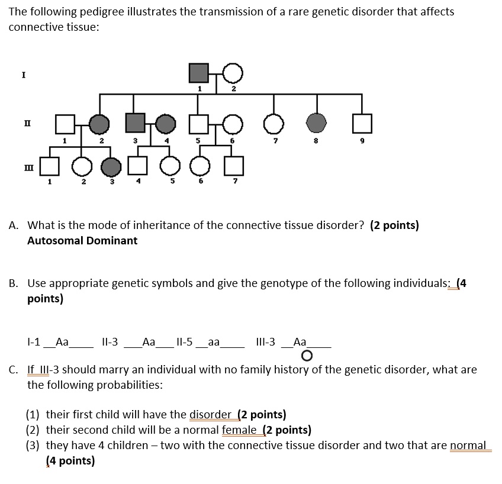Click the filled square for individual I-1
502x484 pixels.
click(x=199, y=73)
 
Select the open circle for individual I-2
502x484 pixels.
click(x=233, y=73)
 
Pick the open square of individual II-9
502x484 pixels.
click(x=362, y=123)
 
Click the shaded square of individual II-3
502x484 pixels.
click(x=136, y=123)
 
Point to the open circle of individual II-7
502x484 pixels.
click(x=273, y=123)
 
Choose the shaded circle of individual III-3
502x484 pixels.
click(x=111, y=166)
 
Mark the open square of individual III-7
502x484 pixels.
click(x=234, y=166)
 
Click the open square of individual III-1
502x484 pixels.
click(x=50, y=166)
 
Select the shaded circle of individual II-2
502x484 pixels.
click(x=99, y=123)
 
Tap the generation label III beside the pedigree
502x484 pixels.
click(x=24, y=168)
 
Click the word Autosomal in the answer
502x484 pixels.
click(x=53, y=241)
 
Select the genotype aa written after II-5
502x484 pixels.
click(x=214, y=341)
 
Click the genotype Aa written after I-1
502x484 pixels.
click(x=62, y=341)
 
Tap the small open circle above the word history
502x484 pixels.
click(x=306, y=356)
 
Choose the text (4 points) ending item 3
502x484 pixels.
click(x=70, y=461)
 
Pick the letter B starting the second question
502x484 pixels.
click(x=13, y=283)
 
